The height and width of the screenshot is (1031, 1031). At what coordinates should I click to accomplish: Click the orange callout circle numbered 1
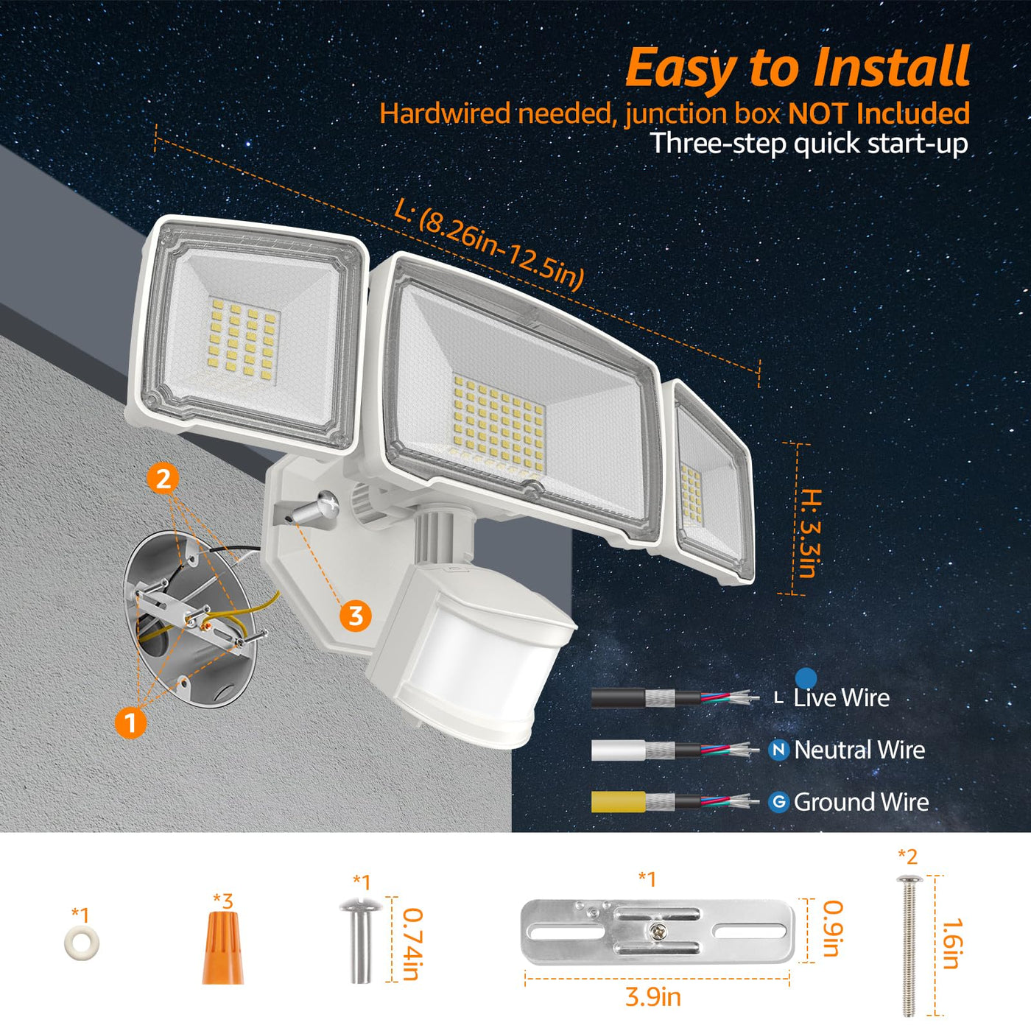131,723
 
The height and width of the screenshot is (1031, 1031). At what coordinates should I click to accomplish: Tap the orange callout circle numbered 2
163,479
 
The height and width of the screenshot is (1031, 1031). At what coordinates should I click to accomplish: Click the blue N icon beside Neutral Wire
778,750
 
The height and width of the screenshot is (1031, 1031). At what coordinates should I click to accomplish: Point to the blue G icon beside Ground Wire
778,801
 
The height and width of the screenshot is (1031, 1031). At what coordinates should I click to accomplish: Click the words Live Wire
841,697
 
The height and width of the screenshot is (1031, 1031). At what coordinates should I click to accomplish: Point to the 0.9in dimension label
832,929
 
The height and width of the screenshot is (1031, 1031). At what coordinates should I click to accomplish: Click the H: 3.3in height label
811,533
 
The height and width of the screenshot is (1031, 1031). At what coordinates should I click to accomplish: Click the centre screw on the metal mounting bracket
656,932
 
